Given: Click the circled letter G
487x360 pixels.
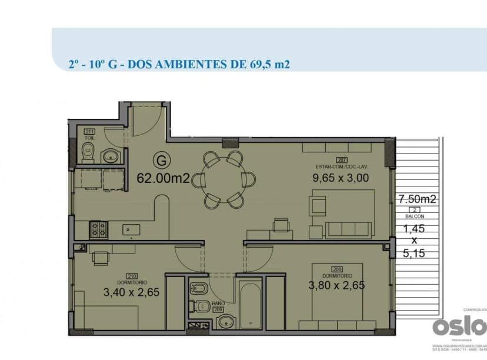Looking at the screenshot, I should [159, 159].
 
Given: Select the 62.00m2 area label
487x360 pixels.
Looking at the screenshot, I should [163, 178].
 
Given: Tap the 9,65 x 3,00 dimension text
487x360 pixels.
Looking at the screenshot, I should [341, 177].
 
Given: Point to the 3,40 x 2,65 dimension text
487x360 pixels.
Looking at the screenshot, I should [132, 291].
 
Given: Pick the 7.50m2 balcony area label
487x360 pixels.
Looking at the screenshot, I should [417, 199].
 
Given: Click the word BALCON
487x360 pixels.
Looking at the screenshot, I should [414, 216].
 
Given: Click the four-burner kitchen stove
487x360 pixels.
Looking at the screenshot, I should [97, 229].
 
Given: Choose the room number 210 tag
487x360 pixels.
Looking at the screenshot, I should [132, 275].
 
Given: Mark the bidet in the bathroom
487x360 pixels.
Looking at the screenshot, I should [196, 289].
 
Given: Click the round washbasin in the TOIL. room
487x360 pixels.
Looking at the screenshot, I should [110, 156].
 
